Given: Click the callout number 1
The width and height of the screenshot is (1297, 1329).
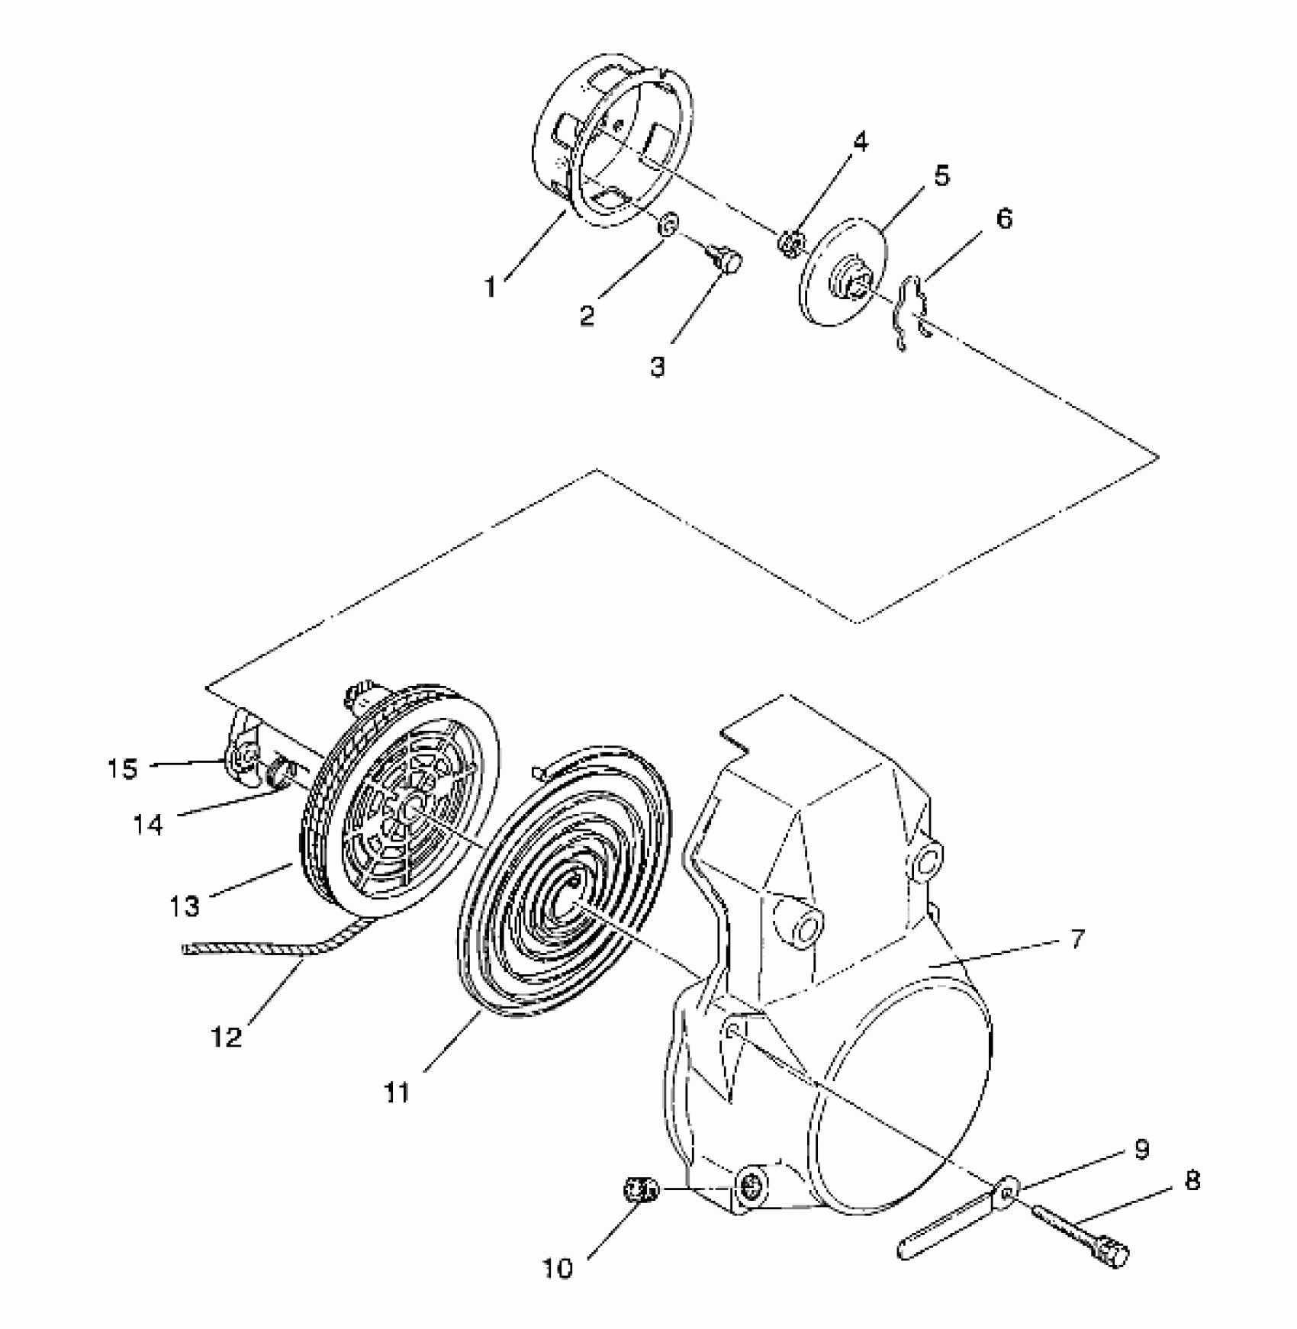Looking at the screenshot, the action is (491, 288).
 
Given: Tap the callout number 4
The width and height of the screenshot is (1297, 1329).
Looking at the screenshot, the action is (860, 142).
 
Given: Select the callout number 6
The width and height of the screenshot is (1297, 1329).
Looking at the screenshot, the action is (1004, 219).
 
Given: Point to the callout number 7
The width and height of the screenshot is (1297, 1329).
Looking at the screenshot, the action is (1077, 938).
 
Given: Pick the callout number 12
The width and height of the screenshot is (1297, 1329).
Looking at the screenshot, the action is (227, 1036).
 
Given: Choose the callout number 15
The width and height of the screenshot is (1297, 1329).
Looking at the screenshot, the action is (123, 768).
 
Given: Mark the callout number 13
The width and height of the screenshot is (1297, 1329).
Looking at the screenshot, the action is (185, 906).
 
